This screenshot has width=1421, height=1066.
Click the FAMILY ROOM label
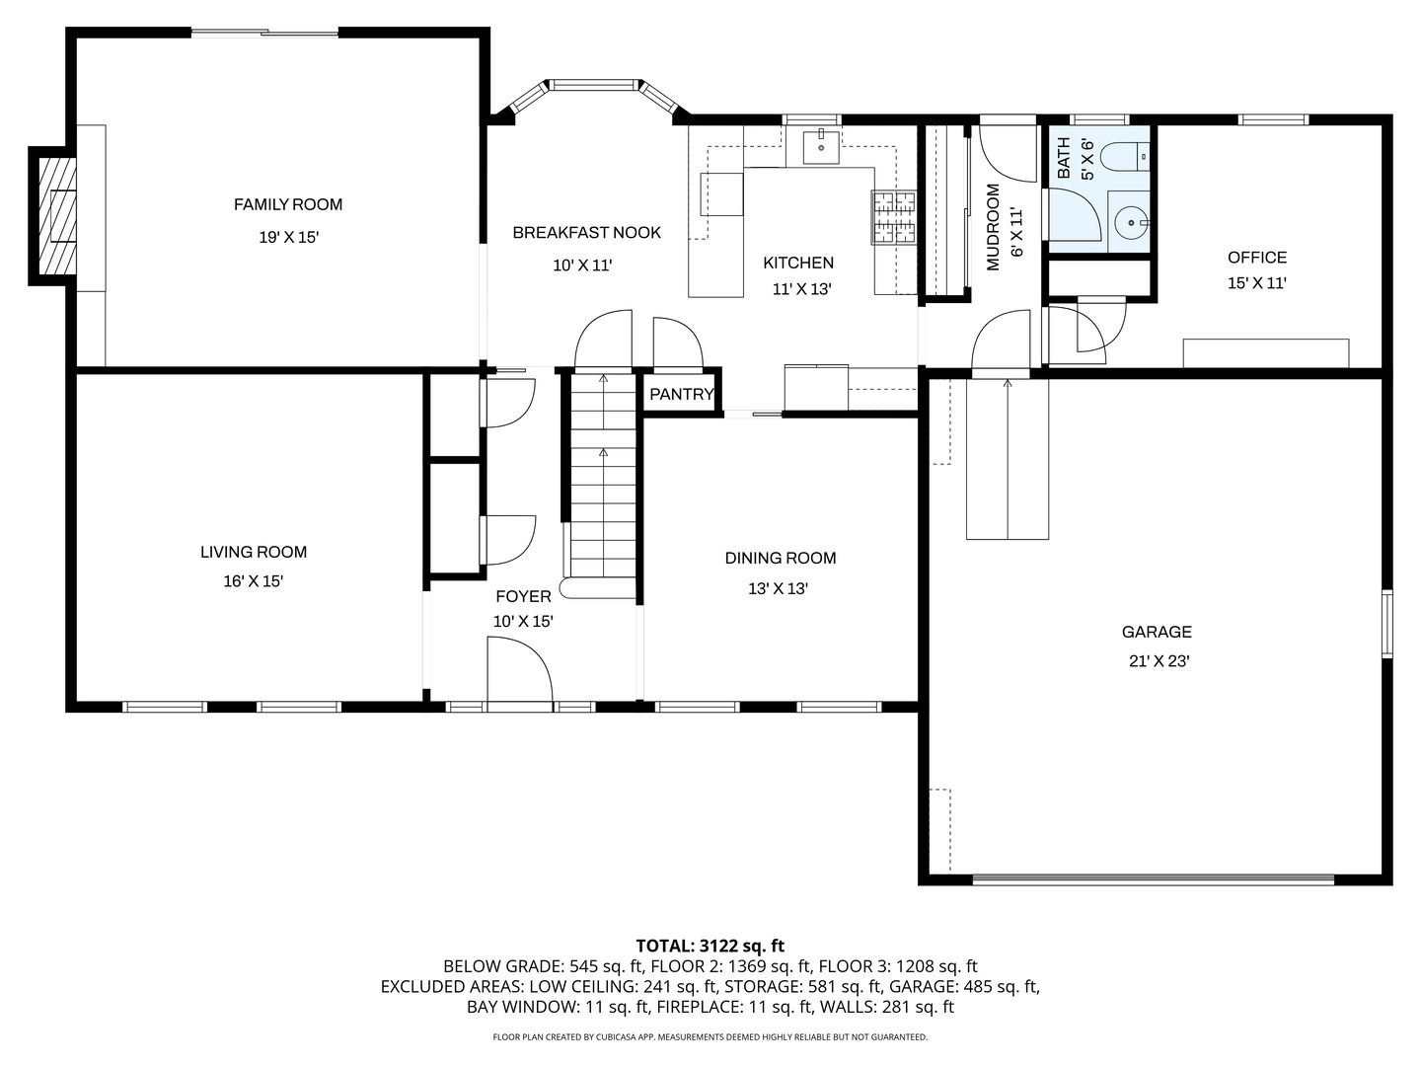coord(288,204)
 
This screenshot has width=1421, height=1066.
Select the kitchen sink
coord(820,146)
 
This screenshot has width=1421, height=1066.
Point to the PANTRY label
coord(681,395)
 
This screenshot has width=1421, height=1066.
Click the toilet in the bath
coord(1125,156)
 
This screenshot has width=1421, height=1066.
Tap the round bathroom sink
coord(1128,223)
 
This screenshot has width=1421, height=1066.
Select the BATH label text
coord(1064,158)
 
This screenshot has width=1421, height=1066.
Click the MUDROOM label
coord(994,226)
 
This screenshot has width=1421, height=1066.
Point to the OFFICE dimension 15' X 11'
coord(1257,282)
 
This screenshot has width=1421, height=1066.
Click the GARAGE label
coord(1157,632)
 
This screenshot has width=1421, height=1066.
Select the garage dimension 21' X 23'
coord(1159,661)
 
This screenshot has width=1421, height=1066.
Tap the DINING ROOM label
coord(781,558)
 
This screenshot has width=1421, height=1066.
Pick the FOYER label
coord(523,596)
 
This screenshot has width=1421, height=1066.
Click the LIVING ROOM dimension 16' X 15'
coord(254,581)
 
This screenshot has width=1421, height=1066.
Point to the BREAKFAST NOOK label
coord(586,232)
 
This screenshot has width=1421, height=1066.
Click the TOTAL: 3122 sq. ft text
coord(710,946)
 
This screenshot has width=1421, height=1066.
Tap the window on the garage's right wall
coord(1386,623)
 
